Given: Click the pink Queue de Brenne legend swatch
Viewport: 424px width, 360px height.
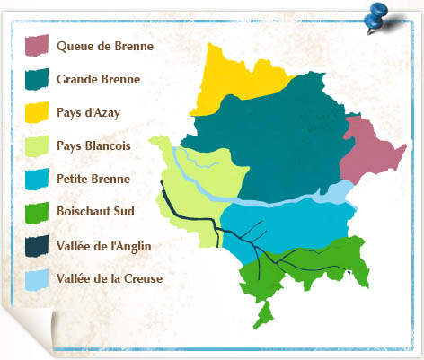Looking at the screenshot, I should click(36, 46).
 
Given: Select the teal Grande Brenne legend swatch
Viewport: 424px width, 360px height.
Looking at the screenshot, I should click(36, 79).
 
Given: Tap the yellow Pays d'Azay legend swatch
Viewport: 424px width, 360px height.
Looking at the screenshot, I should click(36, 112).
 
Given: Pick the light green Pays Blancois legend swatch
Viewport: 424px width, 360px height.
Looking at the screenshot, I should click(36, 145).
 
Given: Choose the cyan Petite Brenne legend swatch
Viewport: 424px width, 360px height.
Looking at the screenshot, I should click(36, 179).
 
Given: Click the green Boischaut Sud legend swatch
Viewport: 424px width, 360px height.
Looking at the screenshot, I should click(36, 212).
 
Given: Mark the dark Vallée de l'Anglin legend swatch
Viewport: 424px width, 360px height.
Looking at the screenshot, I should click(36, 245).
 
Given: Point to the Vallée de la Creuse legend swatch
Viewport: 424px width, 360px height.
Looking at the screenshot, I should click(36, 278).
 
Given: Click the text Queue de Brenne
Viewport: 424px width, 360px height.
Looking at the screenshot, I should click(104, 46).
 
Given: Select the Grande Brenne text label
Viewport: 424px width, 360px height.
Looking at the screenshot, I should click(98, 79).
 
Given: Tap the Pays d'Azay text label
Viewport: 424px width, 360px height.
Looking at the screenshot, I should click(87, 112).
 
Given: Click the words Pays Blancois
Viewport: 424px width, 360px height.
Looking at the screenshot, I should click(93, 145).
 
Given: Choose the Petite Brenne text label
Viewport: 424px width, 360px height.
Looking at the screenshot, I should click(93, 179).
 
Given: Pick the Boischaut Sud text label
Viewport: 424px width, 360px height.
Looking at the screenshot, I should click(96, 212).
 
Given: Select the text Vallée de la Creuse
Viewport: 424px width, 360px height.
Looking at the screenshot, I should click(109, 278).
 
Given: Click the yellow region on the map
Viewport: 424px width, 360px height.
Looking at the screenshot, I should click(232, 81).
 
